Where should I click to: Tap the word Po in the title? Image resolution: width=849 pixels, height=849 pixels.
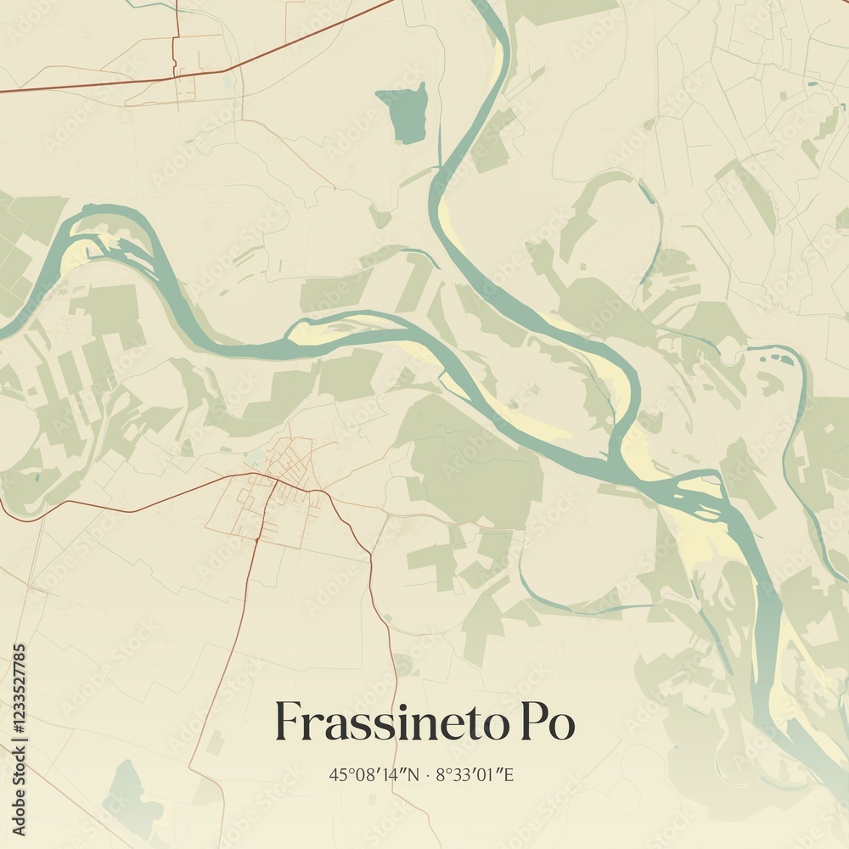(x=545, y=722)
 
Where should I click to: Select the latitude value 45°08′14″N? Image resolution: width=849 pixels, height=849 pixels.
(x=374, y=774)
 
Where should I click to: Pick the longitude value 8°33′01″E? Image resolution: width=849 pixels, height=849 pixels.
(x=475, y=774)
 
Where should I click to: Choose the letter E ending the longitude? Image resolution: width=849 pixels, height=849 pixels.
(x=509, y=774)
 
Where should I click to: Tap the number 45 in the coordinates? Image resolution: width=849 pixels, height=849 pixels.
(x=336, y=774)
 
